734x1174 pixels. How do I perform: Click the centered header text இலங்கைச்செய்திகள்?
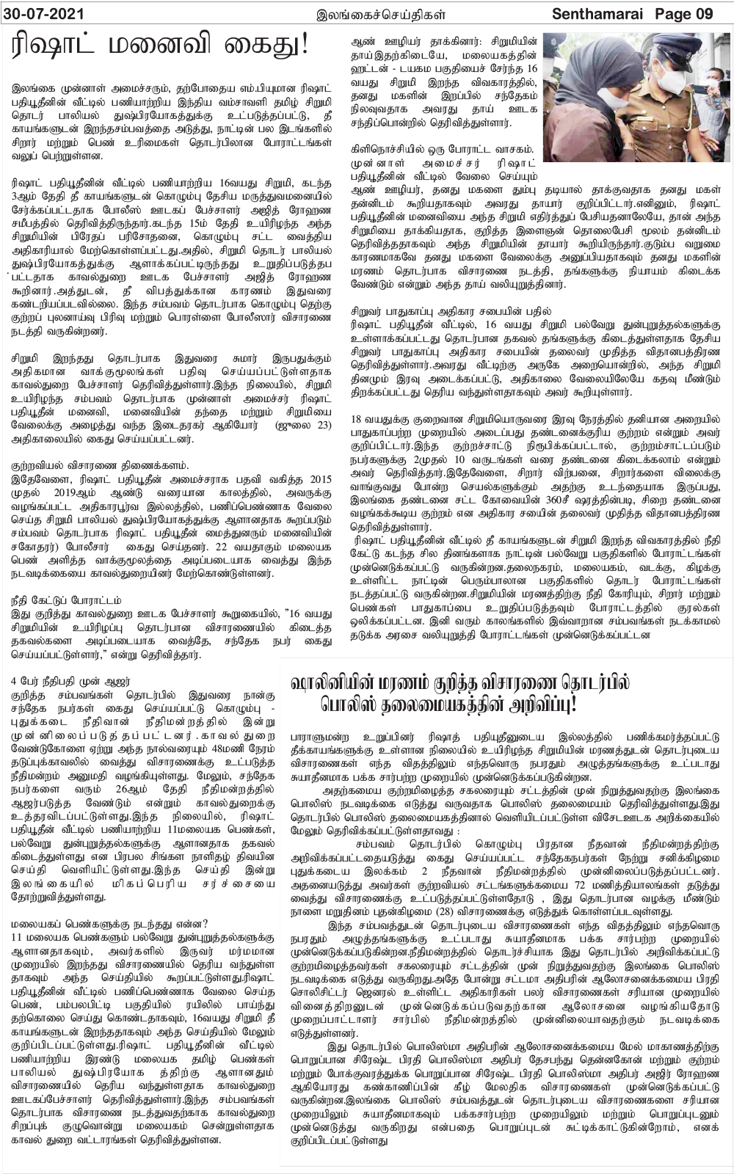(x=366, y=13)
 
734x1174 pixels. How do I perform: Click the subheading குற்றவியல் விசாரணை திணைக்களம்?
(x=98, y=465)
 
